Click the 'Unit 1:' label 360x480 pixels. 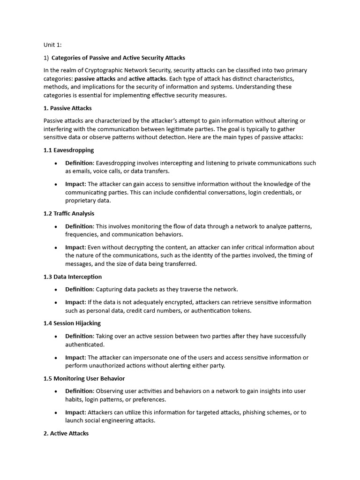[x=52, y=45]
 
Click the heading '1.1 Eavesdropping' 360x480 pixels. [x=68, y=150]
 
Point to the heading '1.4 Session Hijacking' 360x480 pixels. [x=72, y=323]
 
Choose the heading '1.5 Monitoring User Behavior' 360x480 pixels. [x=84, y=378]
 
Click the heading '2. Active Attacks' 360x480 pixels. [x=66, y=434]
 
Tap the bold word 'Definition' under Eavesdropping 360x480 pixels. [x=79, y=163]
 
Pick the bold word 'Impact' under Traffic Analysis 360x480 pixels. [x=75, y=247]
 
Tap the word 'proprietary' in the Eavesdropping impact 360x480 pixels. [x=81, y=201]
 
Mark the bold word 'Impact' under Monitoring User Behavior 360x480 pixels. [x=75, y=412]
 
